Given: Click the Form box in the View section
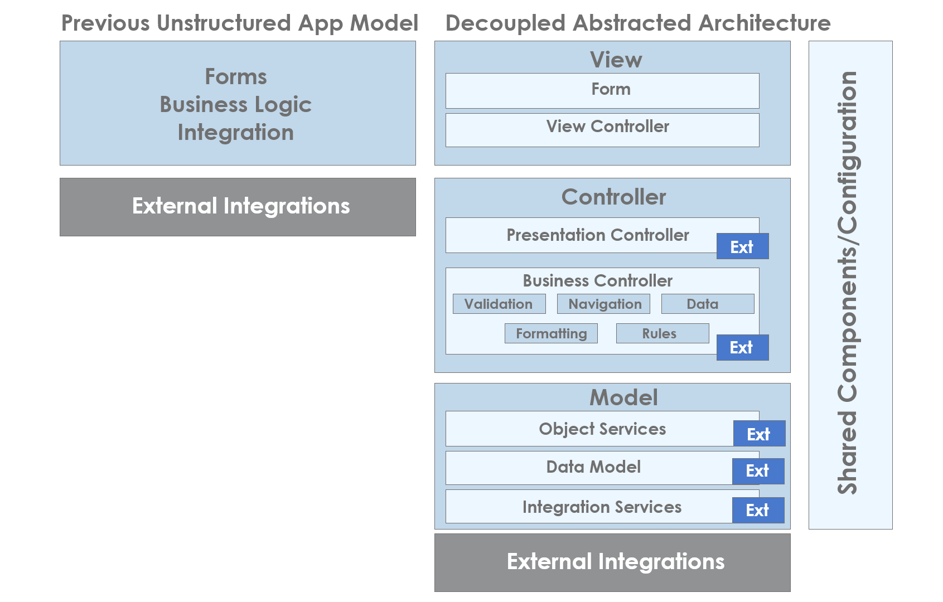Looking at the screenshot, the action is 602,91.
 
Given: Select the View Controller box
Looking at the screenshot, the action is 602,130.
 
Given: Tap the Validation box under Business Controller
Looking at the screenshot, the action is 499,304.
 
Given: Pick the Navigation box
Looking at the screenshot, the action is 603,304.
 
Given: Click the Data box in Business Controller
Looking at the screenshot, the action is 708,304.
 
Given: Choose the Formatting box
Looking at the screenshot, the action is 551,333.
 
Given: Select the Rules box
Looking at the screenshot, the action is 662,333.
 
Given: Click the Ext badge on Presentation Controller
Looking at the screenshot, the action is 743,246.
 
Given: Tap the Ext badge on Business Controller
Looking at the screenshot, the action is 743,347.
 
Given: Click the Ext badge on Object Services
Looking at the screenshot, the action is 759,433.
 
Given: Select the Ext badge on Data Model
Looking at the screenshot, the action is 758,471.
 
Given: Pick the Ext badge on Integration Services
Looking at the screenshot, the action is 758,510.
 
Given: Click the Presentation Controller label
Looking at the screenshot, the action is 597,235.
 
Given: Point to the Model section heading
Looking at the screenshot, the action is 623,397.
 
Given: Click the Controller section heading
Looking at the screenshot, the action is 613,197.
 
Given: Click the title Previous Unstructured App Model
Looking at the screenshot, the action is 240,23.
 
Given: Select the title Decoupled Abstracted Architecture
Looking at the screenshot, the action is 638,23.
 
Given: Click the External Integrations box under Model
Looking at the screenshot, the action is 612,562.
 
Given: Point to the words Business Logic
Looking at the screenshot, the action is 236,104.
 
